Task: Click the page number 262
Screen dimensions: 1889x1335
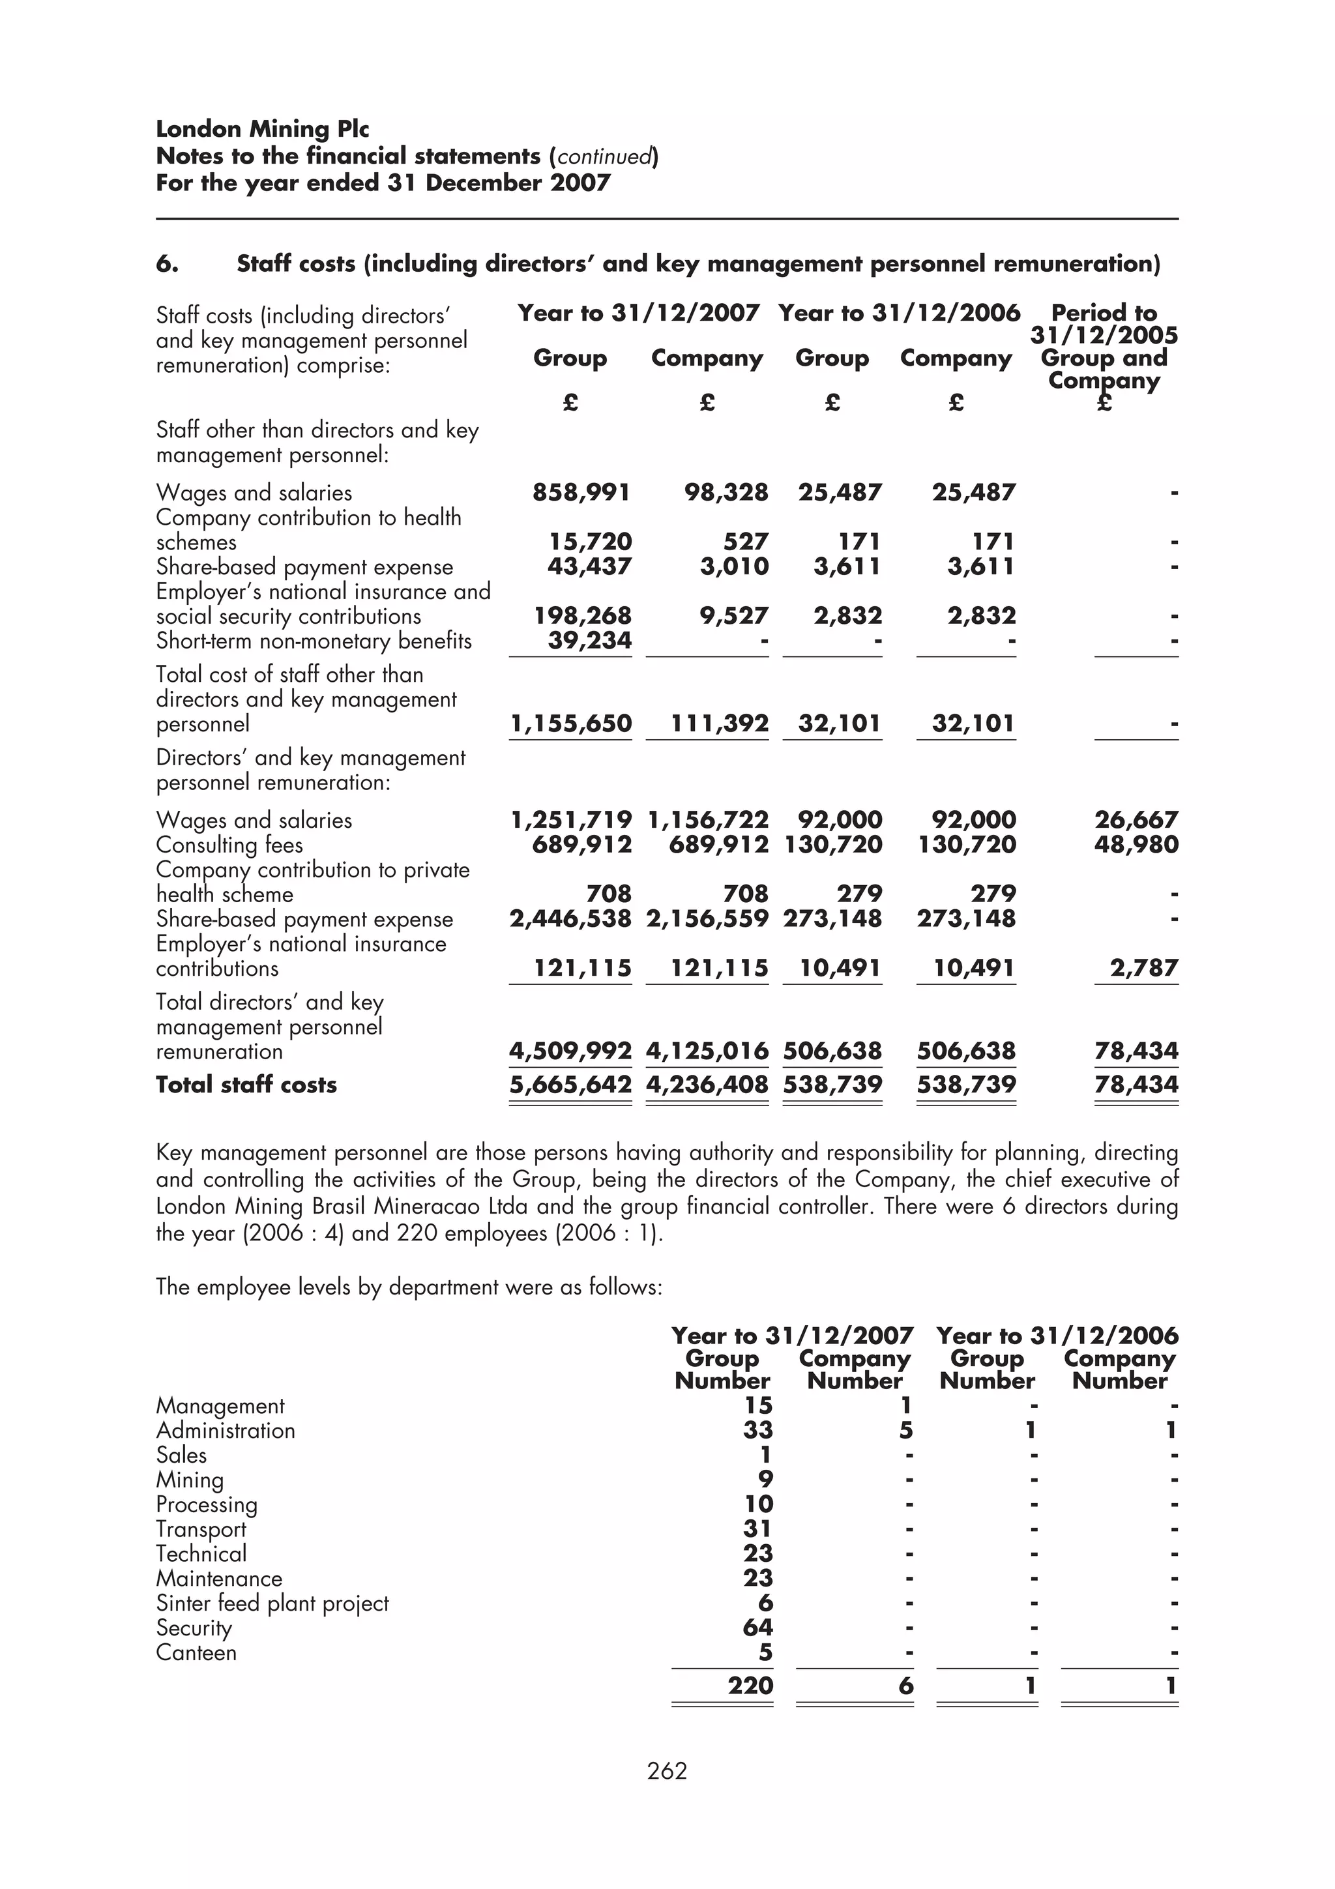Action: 666,1770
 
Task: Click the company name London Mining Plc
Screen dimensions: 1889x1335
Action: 263,129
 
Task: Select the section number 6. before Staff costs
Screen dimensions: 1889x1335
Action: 167,264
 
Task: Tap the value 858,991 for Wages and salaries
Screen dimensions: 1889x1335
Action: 581,493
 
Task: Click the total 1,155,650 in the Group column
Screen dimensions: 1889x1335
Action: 571,724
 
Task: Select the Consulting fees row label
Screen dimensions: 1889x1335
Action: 229,845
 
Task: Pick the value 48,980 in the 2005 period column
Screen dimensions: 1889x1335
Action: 1136,845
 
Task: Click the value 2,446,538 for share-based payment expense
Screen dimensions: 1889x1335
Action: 571,919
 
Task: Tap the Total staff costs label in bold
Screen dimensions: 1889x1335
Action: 246,1085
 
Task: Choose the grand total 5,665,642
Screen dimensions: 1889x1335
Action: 571,1085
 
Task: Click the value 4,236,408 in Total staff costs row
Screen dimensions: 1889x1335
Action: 707,1085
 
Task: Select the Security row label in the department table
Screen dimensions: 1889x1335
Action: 194,1628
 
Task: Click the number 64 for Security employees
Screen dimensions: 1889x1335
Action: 757,1628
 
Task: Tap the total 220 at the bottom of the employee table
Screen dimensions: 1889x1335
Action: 750,1686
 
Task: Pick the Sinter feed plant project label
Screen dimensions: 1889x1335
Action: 272,1603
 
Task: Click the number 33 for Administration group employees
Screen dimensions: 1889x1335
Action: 757,1431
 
